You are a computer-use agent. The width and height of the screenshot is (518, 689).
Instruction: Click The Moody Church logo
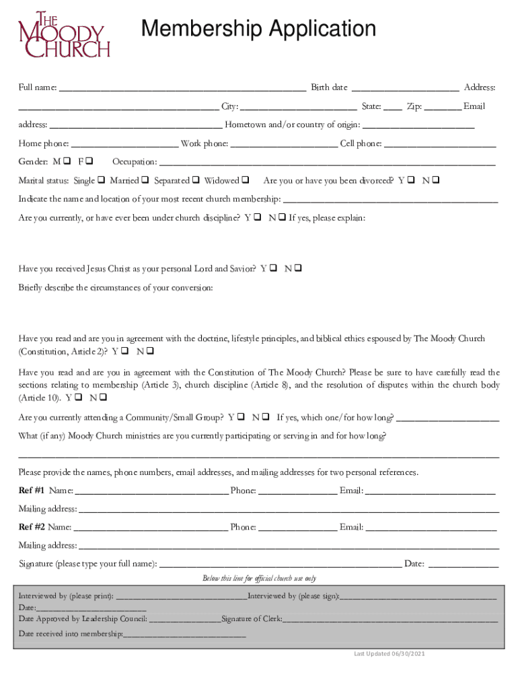(x=63, y=34)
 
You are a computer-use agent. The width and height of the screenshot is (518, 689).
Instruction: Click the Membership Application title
(x=258, y=29)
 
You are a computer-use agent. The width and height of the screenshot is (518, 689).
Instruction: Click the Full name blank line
(x=182, y=89)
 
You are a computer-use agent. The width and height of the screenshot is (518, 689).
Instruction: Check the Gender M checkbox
(x=67, y=162)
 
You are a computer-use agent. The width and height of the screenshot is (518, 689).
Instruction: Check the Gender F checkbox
(x=89, y=162)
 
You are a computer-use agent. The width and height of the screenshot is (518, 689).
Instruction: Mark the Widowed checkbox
(x=245, y=181)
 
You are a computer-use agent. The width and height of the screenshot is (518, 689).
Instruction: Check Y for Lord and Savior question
(x=272, y=269)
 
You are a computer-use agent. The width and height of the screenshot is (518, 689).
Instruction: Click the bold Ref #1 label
(x=32, y=491)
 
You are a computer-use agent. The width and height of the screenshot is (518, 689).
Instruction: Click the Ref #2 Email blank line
(x=431, y=528)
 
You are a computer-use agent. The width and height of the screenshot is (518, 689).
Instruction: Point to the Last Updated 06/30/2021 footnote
(x=390, y=654)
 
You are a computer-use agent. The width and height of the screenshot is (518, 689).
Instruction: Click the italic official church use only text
(x=259, y=579)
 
